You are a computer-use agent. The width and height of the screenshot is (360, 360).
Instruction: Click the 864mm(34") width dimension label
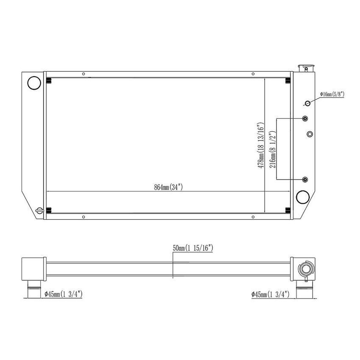(x=168, y=187)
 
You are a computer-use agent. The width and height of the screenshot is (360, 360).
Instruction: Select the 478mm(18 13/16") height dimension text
(x=260, y=146)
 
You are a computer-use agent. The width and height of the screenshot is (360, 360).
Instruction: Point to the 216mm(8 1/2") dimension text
(x=273, y=148)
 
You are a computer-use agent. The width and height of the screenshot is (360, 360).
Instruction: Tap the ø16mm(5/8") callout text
(x=332, y=94)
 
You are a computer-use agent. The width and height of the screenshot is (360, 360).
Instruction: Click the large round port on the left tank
(x=33, y=83)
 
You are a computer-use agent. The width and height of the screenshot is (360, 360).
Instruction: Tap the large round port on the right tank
(x=303, y=197)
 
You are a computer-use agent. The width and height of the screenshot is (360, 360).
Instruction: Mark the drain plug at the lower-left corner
(x=39, y=210)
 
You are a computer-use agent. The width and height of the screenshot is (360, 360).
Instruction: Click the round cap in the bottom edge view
(x=305, y=269)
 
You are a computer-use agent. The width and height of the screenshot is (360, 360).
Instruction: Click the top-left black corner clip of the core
(x=49, y=80)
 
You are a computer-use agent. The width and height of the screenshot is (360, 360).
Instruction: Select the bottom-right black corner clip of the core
(x=288, y=210)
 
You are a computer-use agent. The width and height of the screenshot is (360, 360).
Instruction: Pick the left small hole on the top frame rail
(x=83, y=74)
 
